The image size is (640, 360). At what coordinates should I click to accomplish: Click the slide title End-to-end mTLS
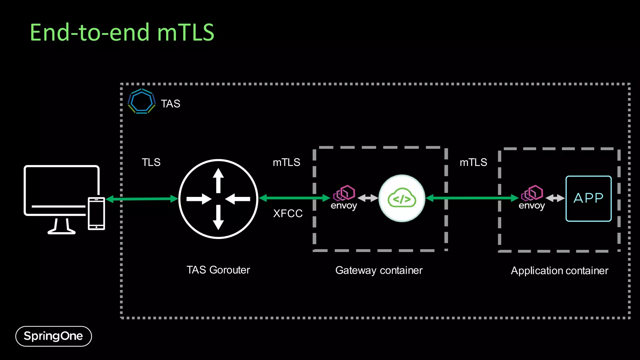coord(122,32)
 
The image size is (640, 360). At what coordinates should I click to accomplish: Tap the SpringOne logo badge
coord(53,336)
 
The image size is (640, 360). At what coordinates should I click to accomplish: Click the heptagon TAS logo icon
coord(142,101)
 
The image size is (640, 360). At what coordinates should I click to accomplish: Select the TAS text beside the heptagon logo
coord(170,104)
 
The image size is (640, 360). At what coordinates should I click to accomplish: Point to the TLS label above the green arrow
coord(151,162)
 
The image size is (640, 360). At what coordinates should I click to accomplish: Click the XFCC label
coord(288,214)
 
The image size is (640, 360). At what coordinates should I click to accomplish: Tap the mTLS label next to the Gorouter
coord(286,162)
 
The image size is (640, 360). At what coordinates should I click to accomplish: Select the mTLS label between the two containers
coord(473,162)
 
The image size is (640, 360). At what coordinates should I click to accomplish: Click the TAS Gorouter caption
coord(218,270)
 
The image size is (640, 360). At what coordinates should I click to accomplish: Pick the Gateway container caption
coord(379,270)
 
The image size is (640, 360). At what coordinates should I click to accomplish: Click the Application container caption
coord(559,271)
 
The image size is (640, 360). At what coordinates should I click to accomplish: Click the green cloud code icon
coord(402,198)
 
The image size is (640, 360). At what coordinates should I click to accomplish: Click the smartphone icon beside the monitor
coord(96,213)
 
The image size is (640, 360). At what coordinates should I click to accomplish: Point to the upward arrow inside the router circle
coord(218,180)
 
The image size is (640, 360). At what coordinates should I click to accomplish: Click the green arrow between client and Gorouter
coord(142,199)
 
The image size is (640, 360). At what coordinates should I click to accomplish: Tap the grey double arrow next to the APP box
coord(555,198)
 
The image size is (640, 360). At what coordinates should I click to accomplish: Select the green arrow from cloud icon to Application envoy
coord(472,198)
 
